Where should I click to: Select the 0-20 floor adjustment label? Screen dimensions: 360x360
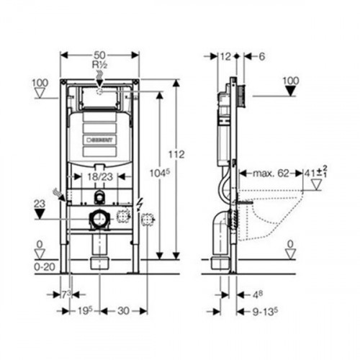(x=45, y=266)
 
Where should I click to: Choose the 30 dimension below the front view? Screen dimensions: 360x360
(x=122, y=312)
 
